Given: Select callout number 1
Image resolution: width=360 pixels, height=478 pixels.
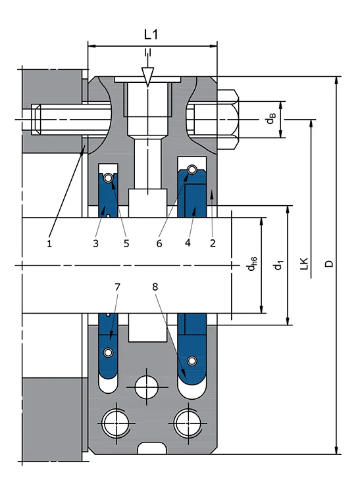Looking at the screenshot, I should click(49, 243).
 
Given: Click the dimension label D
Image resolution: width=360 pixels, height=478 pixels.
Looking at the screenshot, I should click(329, 264).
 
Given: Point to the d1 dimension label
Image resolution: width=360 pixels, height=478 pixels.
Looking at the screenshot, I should click(279, 264).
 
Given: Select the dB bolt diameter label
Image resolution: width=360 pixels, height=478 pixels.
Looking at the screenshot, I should click(270, 119).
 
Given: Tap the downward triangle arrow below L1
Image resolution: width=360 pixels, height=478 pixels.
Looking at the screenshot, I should click(149, 76).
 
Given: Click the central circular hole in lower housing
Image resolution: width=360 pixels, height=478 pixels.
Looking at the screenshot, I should click(147, 386).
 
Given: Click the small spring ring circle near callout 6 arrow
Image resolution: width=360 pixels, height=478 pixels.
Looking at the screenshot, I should click(192, 171).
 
